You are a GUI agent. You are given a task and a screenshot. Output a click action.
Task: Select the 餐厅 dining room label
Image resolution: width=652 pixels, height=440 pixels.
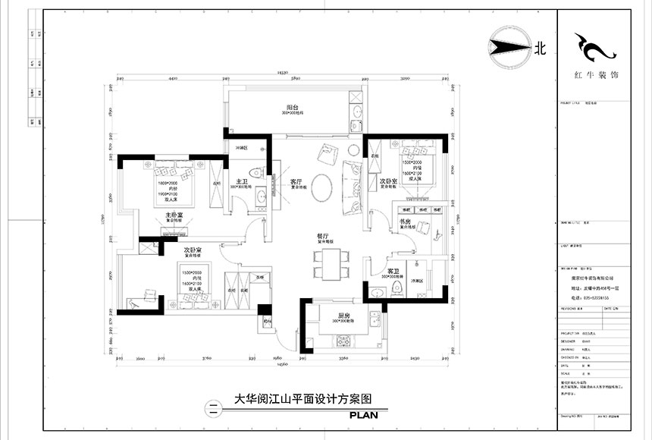tap(322, 237)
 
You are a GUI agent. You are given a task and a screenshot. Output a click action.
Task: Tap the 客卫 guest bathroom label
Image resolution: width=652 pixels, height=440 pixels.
tap(393, 271)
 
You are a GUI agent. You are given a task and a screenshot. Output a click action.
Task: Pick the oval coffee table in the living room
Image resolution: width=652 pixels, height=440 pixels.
tap(322, 186)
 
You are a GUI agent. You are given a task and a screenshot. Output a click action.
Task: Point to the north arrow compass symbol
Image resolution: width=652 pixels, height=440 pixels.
tap(509, 48)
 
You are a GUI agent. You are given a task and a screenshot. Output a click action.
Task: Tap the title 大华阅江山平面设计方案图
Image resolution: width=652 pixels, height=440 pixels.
tap(303, 399)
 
